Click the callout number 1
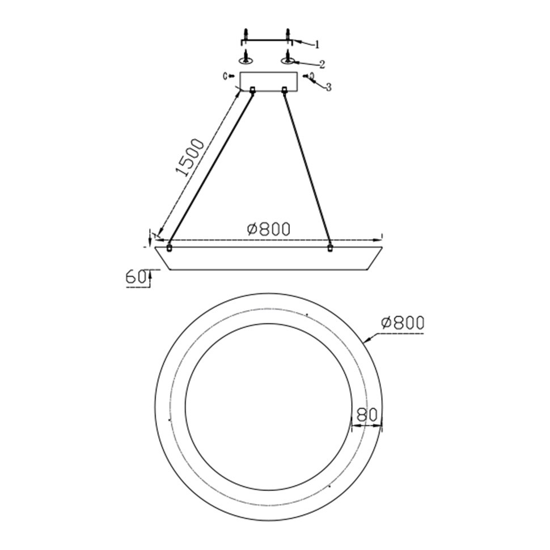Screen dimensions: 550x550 pos(317,45)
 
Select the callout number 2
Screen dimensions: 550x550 pos(321,65)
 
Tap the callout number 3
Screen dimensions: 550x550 pos(328,87)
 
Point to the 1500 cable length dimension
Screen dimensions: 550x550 pos(190,158)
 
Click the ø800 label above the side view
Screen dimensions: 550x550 pos(269,229)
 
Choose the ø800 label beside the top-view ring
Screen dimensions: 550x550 pos(403,323)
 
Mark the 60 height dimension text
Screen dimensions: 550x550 pos(136,277)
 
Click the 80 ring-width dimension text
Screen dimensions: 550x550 pos(367,414)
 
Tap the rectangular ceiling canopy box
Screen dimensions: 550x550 pos(268,82)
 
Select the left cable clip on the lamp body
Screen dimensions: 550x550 pos(170,248)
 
